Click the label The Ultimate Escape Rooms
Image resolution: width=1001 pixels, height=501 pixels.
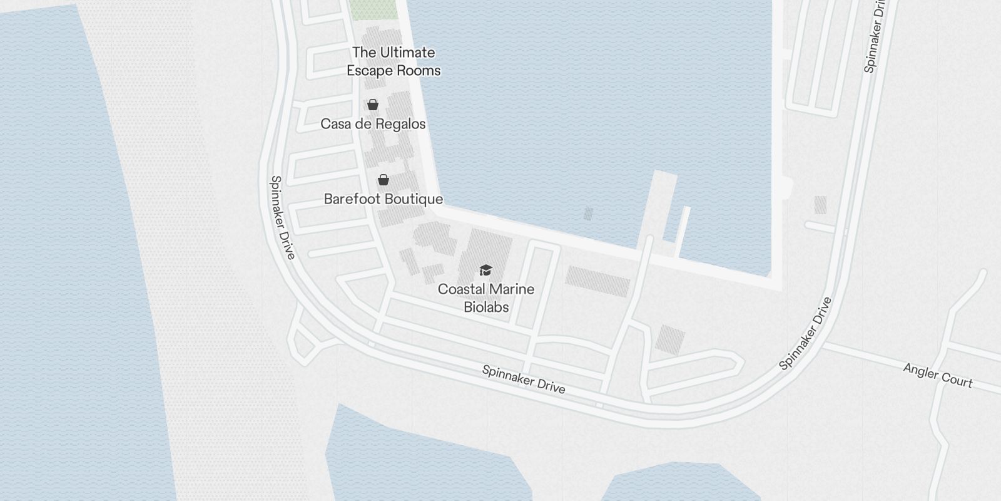394,61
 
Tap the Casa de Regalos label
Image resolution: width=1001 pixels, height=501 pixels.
373,124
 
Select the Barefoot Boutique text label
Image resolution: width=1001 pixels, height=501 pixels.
384,199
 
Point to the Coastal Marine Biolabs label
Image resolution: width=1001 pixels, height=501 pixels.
486,298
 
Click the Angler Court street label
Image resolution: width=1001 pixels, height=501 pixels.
938,376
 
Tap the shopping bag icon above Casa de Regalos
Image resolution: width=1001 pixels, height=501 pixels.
373,105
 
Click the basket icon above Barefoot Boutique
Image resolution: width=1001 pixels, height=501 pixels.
384,180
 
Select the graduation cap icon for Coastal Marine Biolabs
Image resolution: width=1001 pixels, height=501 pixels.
486,270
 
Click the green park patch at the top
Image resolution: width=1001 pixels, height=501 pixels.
373,9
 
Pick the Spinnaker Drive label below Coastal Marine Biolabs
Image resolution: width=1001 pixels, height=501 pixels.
524,380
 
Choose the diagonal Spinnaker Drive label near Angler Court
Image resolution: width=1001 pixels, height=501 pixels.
806,333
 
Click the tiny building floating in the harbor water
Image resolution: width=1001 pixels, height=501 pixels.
588,214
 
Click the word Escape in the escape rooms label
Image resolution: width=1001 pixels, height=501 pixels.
370,71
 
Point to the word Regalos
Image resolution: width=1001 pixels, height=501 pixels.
400,124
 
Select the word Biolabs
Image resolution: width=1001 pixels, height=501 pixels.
486,307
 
